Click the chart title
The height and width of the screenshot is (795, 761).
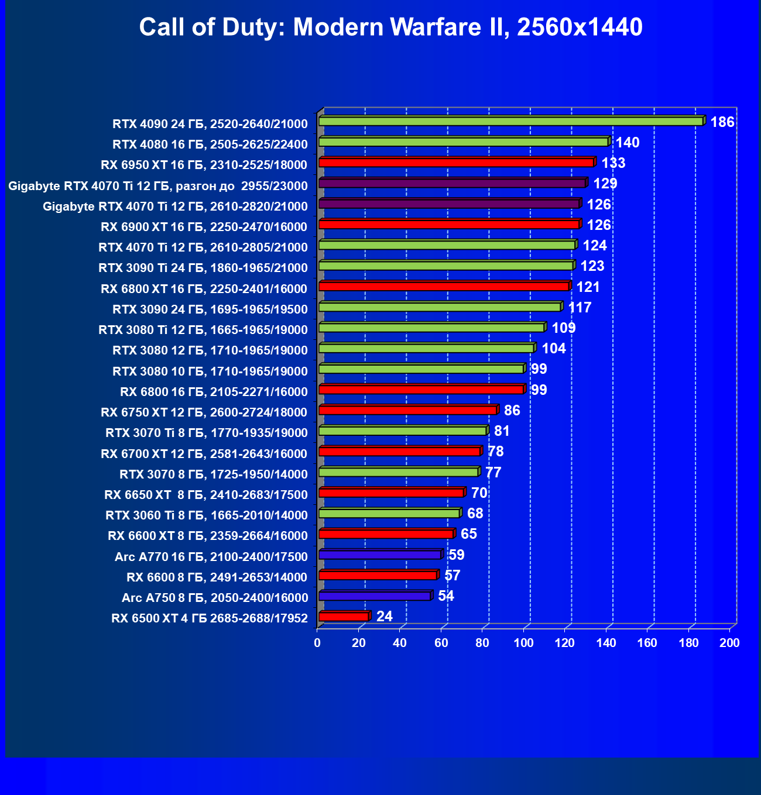point(390,27)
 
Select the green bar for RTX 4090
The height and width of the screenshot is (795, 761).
point(510,121)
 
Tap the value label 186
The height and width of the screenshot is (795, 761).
point(722,122)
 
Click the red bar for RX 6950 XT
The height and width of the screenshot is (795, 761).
point(457,163)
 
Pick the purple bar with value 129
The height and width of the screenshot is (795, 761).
point(452,184)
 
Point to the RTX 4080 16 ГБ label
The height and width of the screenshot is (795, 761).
point(210,144)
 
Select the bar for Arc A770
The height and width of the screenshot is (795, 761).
point(380,555)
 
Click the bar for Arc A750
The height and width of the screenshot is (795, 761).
point(375,596)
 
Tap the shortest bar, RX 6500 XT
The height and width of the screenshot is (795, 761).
point(344,617)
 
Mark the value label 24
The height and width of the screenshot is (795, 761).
point(384,617)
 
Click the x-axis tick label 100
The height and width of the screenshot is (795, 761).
point(523,643)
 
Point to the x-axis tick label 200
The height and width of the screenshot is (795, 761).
point(729,643)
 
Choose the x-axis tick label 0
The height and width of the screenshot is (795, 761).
point(317,643)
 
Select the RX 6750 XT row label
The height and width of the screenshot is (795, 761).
point(204,412)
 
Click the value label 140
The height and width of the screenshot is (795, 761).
point(627,143)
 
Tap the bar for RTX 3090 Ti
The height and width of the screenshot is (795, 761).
point(446,266)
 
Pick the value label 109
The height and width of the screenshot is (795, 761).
point(564,328)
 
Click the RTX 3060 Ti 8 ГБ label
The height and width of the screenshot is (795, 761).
point(206,515)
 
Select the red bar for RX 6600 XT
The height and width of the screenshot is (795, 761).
point(386,534)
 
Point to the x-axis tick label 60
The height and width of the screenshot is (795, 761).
point(441,643)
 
